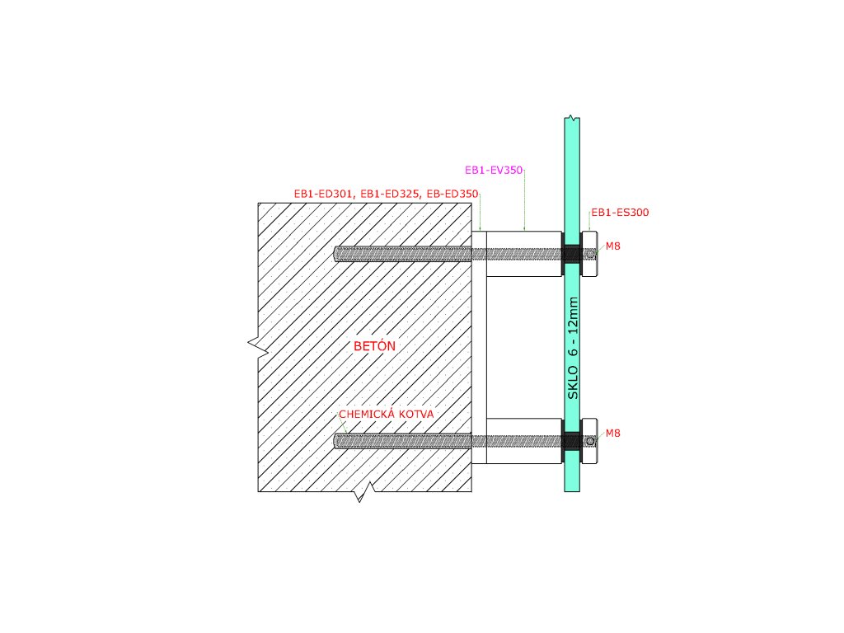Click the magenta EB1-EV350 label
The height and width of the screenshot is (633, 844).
pyautogui.click(x=495, y=171)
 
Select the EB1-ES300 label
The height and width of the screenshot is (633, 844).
pyautogui.click(x=620, y=213)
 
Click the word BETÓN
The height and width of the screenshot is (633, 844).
pyautogui.click(x=374, y=346)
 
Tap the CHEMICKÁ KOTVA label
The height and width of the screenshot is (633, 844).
pyautogui.click(x=387, y=414)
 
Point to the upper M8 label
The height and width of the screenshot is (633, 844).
pyautogui.click(x=613, y=246)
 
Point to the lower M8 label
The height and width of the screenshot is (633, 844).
pyautogui.click(x=613, y=433)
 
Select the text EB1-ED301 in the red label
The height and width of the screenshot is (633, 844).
pyautogui.click(x=324, y=195)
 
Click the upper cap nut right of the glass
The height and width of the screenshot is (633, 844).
pyautogui.click(x=589, y=254)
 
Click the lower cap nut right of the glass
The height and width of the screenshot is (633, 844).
pyautogui.click(x=589, y=441)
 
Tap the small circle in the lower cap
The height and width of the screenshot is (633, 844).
pyautogui.click(x=590, y=441)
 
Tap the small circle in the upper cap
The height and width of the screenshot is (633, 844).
pyautogui.click(x=590, y=254)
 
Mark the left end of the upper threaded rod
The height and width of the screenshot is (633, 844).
pyautogui.click(x=338, y=254)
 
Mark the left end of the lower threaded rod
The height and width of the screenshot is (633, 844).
pyautogui.click(x=338, y=441)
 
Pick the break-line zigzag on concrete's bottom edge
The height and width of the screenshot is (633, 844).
pyautogui.click(x=363, y=495)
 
